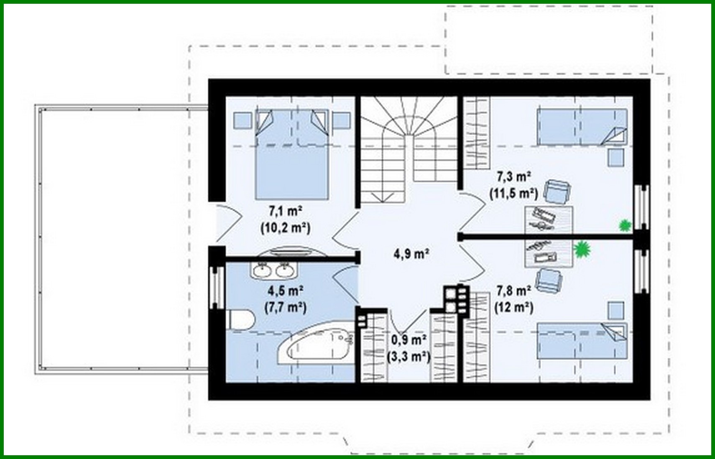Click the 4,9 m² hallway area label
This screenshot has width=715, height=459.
pos(411,254)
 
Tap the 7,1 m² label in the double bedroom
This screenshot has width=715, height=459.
pos(286,211)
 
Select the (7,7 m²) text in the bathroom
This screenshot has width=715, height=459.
pos(285,308)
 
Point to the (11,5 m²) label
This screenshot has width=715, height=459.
pos(513,194)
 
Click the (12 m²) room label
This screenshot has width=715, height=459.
pos(513,308)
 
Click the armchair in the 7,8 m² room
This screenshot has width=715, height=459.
pos(549,280)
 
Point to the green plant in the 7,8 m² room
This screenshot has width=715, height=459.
pos(581,250)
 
